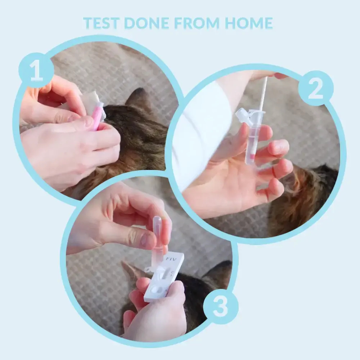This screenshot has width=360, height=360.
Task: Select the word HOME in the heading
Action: coord(249,23)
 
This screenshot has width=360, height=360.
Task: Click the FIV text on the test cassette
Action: coord(171,259)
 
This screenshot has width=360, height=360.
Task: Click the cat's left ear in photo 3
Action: coord(132,271)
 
